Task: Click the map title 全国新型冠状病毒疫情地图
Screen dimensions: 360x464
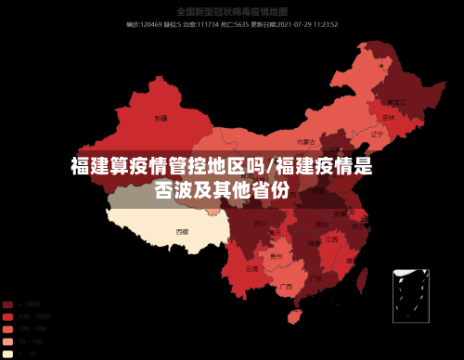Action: click(x=232, y=12)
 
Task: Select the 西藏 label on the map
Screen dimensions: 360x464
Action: click(x=182, y=231)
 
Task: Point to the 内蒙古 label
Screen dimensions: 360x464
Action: click(x=306, y=142)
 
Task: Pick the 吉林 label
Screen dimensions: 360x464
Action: click(x=388, y=119)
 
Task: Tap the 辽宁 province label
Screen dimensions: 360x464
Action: click(x=377, y=135)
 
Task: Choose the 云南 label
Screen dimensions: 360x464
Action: click(x=252, y=269)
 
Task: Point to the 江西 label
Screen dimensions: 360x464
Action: click(x=331, y=239)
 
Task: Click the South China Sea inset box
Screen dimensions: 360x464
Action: click(x=410, y=295)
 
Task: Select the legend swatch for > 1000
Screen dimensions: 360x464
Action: click(x=7, y=304)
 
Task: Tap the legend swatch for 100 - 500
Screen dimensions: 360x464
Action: click(x=7, y=328)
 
